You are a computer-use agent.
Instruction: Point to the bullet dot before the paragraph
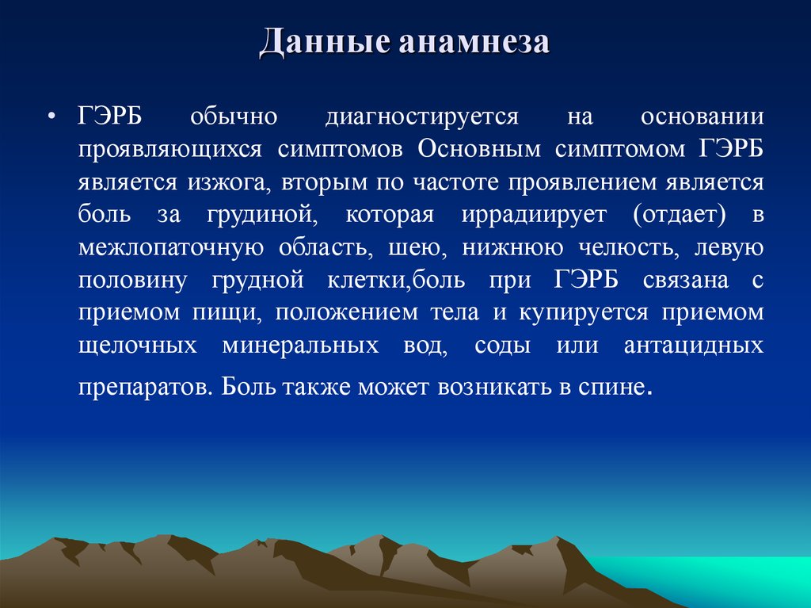[51, 117]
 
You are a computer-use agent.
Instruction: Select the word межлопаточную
[170, 247]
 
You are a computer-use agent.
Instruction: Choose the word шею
[410, 247]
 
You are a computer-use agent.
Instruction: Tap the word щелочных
[137, 346]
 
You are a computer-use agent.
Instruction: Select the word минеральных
[299, 346]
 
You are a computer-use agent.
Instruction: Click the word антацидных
[693, 346]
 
